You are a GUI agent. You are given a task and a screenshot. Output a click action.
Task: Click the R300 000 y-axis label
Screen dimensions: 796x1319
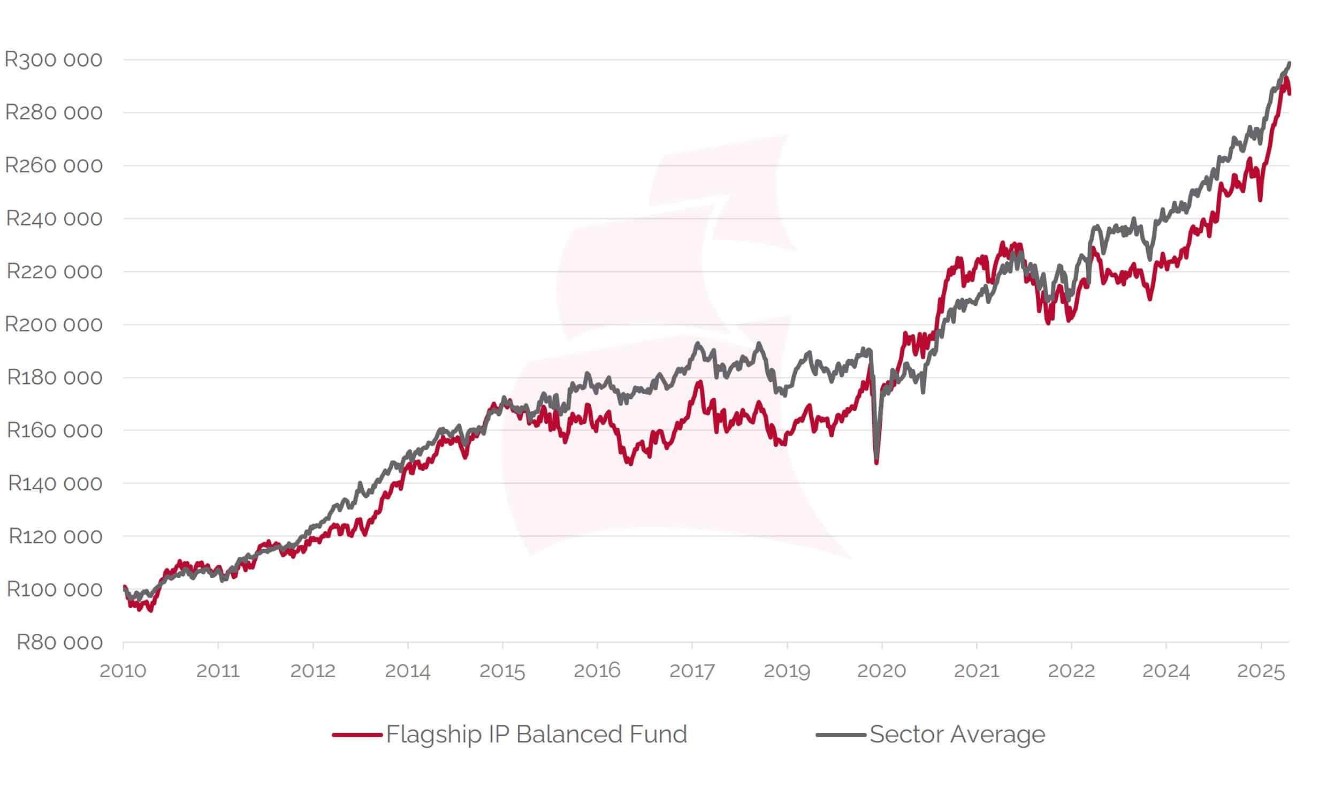(x=53, y=59)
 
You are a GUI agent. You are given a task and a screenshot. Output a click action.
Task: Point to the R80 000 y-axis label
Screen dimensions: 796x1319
(x=59, y=642)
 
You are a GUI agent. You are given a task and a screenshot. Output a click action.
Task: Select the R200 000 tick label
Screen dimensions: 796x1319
(x=54, y=324)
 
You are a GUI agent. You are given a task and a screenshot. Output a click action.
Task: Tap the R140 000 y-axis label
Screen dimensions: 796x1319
(x=55, y=483)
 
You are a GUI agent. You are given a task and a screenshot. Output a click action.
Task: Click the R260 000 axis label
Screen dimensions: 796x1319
(x=54, y=165)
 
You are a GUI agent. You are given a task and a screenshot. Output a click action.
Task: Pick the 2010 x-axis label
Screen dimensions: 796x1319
(x=123, y=671)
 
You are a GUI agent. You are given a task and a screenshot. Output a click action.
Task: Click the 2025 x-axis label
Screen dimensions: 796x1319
(x=1261, y=671)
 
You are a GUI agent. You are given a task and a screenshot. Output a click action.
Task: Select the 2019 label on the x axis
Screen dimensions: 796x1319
(x=787, y=671)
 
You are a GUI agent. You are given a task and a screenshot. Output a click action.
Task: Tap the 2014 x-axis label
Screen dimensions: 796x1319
(x=407, y=671)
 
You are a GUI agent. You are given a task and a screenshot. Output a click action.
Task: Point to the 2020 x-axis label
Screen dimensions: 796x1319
(x=881, y=671)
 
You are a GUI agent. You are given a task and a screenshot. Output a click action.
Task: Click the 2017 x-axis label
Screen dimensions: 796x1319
(x=692, y=671)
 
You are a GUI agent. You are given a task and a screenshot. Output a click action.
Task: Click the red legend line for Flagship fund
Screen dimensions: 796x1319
(x=357, y=734)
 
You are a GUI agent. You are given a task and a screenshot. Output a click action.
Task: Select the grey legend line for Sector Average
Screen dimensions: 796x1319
(x=841, y=734)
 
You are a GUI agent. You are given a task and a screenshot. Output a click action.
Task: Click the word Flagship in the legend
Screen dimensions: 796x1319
(x=433, y=734)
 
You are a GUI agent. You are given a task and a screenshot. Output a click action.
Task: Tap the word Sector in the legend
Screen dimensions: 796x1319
(x=906, y=734)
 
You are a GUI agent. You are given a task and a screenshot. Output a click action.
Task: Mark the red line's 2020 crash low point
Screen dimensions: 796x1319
(x=876, y=463)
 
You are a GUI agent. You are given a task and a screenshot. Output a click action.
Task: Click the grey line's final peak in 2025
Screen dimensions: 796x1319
(x=1289, y=64)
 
